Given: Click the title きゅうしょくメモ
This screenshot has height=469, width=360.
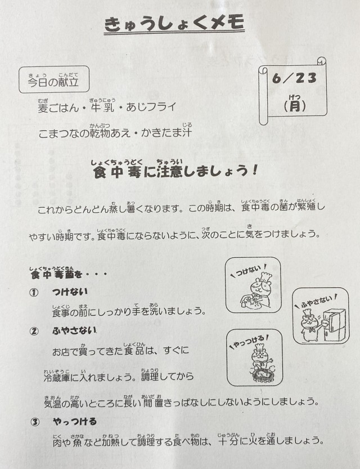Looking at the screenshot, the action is (174, 23).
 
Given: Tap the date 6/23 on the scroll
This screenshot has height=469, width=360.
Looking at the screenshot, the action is (294, 79).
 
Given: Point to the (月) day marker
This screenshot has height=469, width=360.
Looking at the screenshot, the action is (295, 106).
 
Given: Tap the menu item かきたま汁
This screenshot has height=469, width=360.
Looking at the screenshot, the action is (166, 132).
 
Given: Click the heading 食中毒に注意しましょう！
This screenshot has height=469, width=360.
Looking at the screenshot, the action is (175, 171).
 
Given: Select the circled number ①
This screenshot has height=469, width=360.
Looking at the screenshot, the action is (34, 293).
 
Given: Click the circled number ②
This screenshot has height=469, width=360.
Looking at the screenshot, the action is (34, 331).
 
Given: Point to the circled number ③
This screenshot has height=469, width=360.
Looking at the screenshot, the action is (35, 422).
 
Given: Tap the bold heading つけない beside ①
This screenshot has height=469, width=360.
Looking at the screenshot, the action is (70, 292).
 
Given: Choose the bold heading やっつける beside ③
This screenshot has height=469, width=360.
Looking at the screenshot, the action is (75, 422).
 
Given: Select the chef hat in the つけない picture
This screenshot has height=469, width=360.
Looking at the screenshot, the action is (265, 276).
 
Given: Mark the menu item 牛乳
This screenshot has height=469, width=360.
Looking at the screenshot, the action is (102, 108).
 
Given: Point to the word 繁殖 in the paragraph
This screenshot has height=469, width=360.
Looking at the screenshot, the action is (307, 207).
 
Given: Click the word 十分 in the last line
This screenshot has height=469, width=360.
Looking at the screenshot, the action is (228, 441).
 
